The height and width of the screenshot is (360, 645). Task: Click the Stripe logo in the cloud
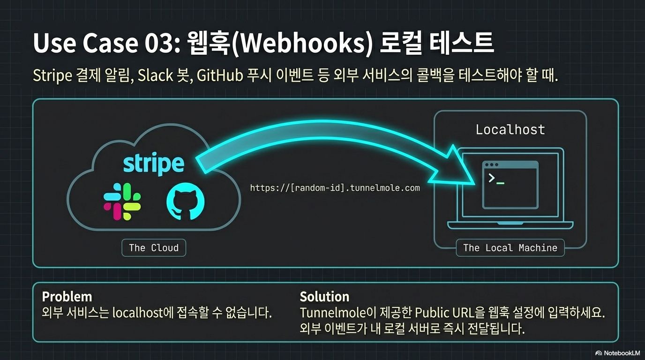153,163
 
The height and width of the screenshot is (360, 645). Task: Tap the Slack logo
122,202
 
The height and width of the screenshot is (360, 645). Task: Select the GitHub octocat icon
186,202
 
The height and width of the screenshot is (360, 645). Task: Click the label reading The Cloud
154,248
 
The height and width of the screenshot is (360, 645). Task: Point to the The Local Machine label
510,248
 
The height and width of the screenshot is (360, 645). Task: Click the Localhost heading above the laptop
510,129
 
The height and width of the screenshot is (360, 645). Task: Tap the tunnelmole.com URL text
335,188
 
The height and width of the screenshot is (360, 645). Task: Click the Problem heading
67,297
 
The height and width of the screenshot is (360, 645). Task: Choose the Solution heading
324,297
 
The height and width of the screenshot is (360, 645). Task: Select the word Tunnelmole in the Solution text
332,313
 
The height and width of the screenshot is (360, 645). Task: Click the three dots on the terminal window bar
491,165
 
